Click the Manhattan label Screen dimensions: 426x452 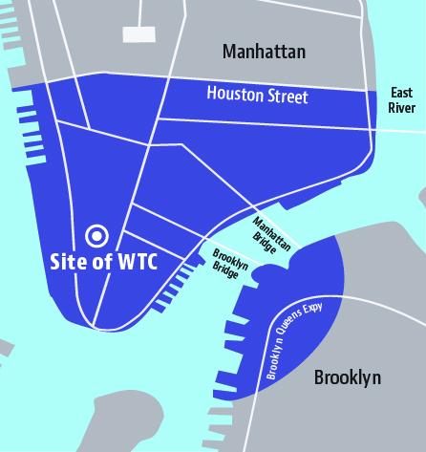tap(264, 52)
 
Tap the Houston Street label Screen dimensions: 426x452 tap(257, 95)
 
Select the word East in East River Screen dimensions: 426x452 tap(401, 93)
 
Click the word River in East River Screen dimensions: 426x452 tap(402, 108)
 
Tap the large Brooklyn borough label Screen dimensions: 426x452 tap(348, 377)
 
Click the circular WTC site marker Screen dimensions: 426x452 tap(96, 234)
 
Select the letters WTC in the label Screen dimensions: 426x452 tap(134, 260)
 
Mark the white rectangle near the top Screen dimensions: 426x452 tap(138, 33)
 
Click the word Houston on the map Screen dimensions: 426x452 tap(232, 94)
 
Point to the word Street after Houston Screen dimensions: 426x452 tap(284, 97)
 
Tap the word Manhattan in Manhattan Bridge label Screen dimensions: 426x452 tap(268, 229)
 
